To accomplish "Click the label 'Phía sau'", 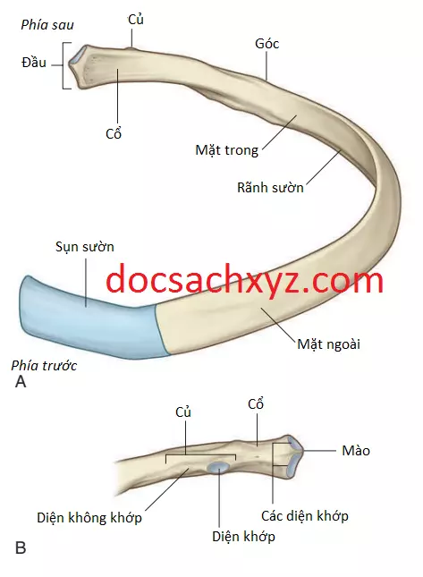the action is click(47, 25).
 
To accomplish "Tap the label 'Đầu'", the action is click(34, 63).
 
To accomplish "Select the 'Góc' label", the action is click(266, 44).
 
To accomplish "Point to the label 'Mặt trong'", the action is click(226, 150).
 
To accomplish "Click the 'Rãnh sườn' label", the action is click(270, 187).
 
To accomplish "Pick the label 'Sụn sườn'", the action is click(85, 247).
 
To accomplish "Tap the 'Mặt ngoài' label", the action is click(328, 344).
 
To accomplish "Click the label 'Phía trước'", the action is click(44, 365).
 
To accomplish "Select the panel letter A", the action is click(21, 382).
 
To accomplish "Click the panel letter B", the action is click(21, 547).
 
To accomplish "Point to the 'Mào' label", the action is click(356, 450).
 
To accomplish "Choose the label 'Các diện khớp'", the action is click(305, 516).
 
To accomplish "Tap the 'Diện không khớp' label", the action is click(89, 518).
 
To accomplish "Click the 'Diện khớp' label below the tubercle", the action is click(243, 536).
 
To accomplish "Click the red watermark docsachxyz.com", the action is click(245, 279).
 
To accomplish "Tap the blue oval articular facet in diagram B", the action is click(217, 467).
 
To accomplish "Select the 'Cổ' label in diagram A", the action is click(114, 133).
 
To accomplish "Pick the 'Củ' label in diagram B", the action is click(183, 412).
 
